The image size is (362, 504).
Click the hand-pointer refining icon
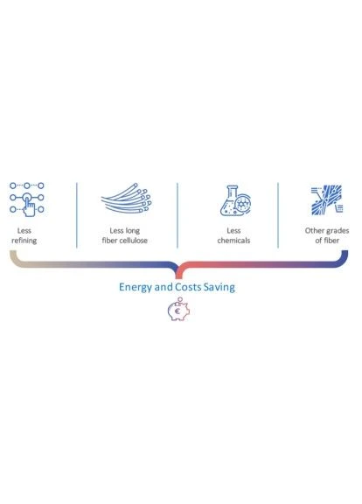click(27, 199)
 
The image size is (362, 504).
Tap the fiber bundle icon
click(127, 198)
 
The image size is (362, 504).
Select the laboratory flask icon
click(235, 200)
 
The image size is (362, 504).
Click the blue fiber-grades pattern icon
click(327, 199)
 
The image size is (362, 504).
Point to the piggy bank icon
click(178, 309)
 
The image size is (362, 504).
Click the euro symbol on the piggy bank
click(177, 311)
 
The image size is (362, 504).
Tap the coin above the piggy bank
click(180, 299)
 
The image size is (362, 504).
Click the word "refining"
click(24, 241)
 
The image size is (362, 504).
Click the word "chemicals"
click(233, 241)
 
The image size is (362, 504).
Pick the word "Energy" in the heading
click(136, 287)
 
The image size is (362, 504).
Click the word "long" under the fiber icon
click(132, 231)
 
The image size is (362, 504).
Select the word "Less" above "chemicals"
click(233, 230)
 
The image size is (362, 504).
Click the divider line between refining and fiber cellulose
click(77, 215)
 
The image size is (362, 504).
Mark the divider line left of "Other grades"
click(278, 215)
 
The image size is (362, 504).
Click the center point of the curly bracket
click(178, 276)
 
